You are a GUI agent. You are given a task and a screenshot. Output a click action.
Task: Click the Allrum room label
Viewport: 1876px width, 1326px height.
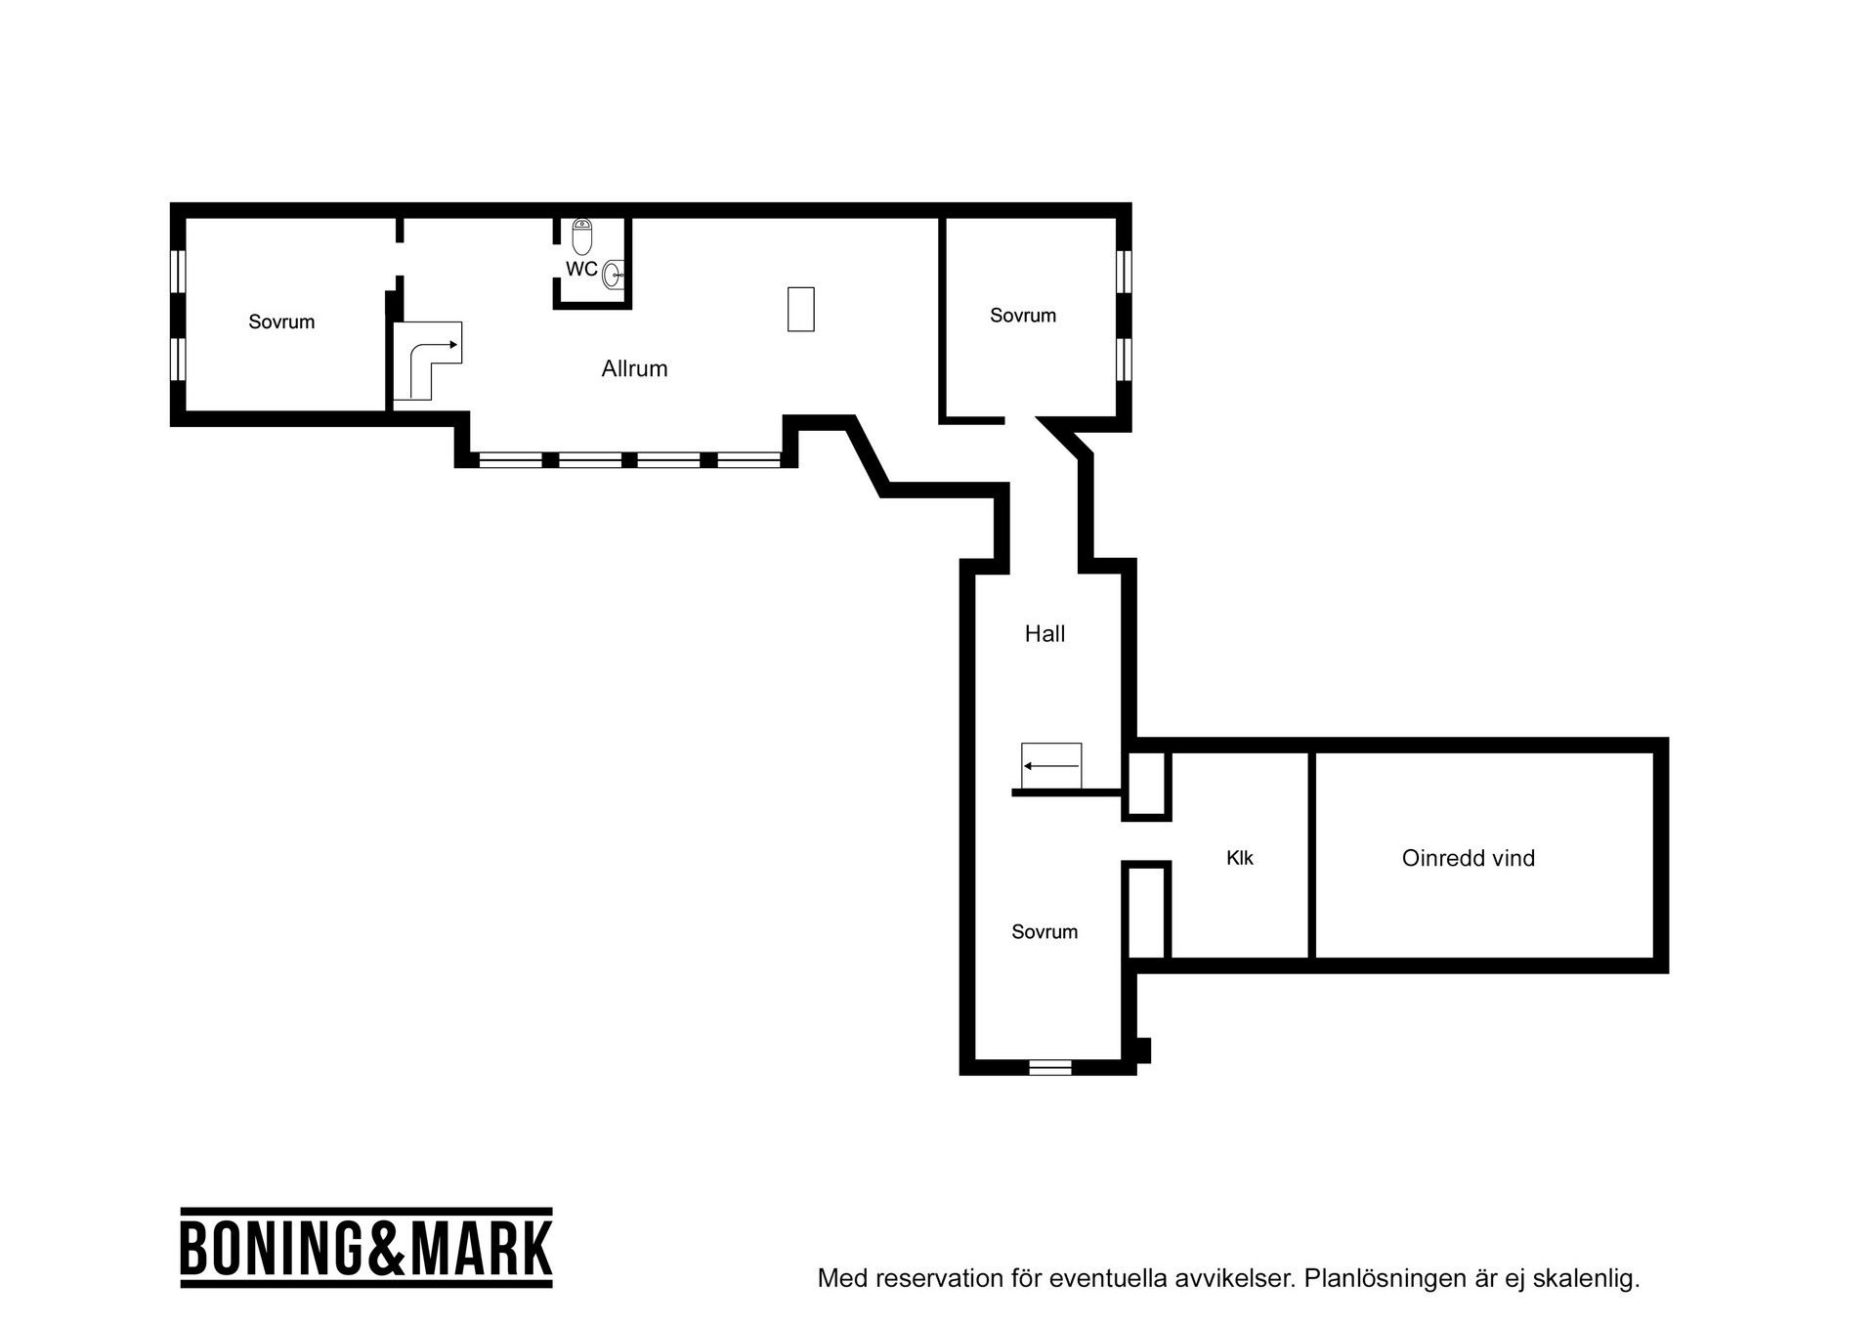634,368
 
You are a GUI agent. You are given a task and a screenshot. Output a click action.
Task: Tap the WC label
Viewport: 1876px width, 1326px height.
581,269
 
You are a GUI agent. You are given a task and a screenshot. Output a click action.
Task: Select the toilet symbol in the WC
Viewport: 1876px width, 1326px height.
582,236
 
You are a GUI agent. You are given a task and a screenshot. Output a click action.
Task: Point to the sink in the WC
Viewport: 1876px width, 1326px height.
613,275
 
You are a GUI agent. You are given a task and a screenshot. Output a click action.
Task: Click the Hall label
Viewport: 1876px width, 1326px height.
1045,634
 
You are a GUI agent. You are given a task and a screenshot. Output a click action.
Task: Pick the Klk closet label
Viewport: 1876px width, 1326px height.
1239,858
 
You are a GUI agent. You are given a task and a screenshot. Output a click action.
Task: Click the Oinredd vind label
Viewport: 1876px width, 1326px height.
1468,858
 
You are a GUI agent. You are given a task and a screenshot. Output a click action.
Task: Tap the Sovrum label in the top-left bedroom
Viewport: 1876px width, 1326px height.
281,322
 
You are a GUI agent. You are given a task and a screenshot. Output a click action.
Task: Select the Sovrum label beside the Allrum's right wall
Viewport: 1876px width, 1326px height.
1023,316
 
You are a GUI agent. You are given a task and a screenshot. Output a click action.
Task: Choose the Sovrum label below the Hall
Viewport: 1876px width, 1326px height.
1045,932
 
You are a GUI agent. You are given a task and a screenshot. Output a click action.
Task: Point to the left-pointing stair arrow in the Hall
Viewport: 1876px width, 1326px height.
1051,766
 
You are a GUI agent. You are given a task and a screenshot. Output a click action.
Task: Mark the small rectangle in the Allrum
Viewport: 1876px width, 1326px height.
801,309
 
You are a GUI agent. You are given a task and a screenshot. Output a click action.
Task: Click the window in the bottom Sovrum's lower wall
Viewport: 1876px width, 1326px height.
1050,1067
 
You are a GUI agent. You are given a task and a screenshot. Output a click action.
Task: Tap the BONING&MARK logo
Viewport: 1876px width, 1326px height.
366,1248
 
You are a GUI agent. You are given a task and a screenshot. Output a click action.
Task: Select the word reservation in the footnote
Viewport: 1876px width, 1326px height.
922,1278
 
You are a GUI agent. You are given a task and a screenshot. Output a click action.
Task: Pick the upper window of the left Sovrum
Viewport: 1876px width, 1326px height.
178,271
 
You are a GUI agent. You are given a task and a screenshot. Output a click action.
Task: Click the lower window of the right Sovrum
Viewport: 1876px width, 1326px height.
1124,359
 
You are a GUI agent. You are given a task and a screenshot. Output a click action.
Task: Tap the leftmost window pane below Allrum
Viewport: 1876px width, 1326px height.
510,459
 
